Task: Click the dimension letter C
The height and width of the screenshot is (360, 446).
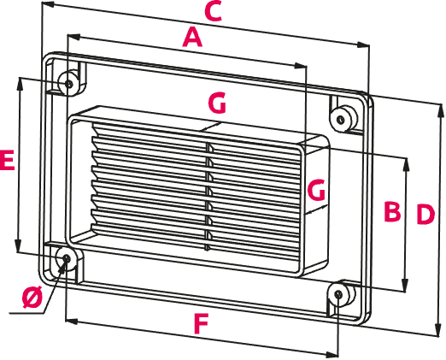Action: tap(214, 11)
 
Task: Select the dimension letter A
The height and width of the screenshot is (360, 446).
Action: tap(192, 37)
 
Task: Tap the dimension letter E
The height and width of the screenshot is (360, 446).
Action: tap(7, 161)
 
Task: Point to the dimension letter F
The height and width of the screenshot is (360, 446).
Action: tap(202, 323)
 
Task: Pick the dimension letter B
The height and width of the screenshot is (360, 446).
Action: tap(392, 211)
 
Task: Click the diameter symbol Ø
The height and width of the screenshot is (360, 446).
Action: tap(32, 297)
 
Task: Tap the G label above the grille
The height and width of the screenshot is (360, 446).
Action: tap(217, 103)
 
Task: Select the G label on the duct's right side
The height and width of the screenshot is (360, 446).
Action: tap(316, 190)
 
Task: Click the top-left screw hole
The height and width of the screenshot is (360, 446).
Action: tap(68, 84)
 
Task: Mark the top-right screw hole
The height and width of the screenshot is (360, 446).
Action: tap(341, 120)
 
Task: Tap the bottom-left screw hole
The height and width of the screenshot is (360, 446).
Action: tap(67, 258)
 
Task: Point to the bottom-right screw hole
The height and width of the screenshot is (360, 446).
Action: tap(338, 294)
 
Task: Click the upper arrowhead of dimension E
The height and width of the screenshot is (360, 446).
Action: tap(20, 83)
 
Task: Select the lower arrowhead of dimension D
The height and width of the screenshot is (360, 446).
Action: tap(439, 330)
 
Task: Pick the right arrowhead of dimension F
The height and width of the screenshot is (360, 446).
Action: tap(332, 355)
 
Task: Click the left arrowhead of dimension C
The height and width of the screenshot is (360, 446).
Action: tap(48, 4)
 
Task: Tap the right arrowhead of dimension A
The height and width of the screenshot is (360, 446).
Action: tap(300, 66)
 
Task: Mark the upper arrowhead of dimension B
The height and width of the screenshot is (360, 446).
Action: tap(406, 164)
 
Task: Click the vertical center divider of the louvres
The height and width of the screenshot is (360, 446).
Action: tap(208, 197)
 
